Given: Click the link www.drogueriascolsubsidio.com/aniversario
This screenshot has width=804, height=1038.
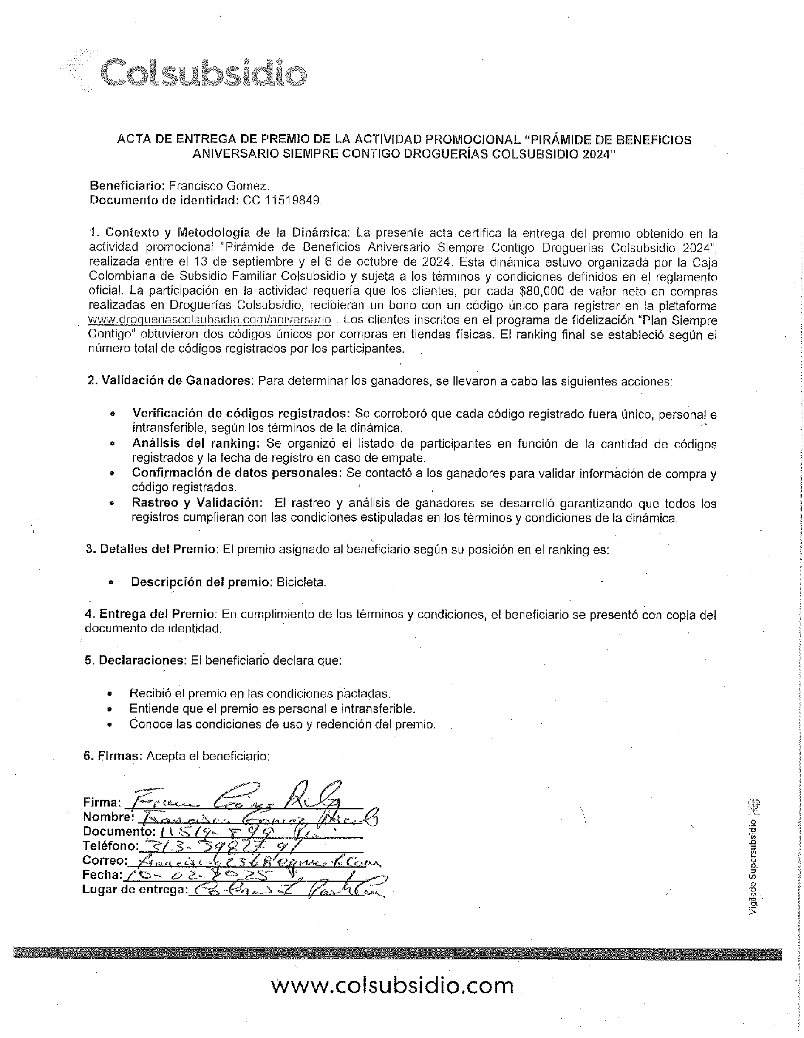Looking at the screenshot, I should point(209,320).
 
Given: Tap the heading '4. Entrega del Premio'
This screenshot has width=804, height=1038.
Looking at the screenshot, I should point(150,615).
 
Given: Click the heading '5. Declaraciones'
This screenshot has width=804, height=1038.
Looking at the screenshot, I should point(135,660).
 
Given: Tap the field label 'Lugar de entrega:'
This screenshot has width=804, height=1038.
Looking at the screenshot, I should point(134,890).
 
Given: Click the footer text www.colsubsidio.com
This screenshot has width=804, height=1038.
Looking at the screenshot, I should point(392,985).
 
